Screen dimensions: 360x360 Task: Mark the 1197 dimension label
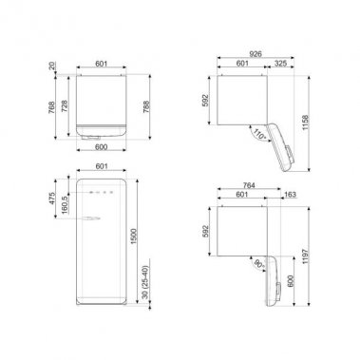[328, 254]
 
